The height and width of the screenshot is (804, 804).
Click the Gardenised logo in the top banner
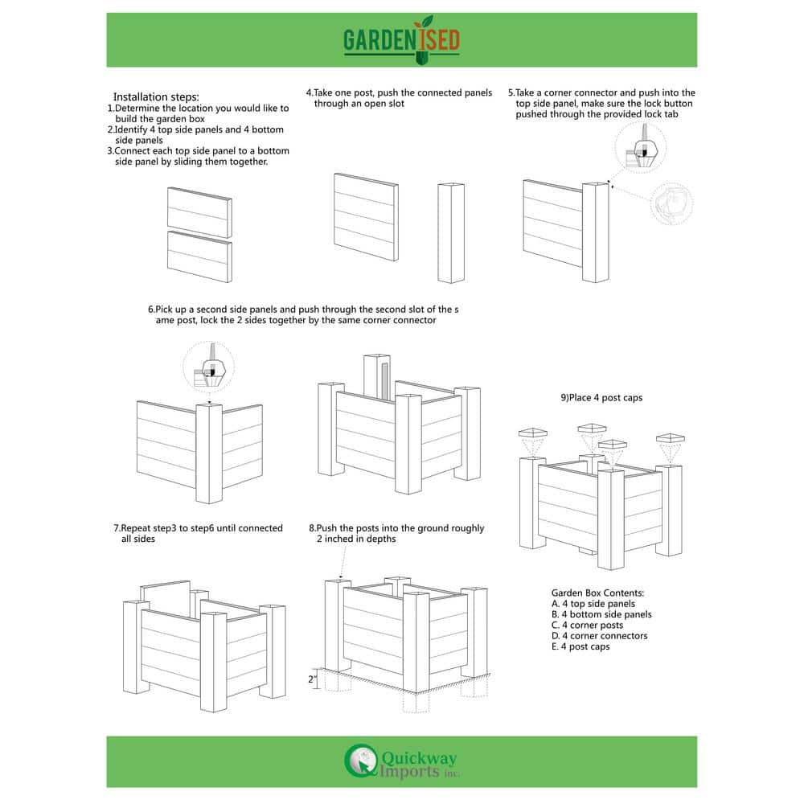[x=402, y=39]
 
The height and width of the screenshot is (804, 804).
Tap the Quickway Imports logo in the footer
[x=402, y=761]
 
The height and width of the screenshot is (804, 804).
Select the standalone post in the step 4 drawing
[x=451, y=232]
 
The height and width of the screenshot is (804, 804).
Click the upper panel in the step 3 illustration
[x=199, y=212]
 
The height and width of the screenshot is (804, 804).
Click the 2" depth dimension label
[x=314, y=679]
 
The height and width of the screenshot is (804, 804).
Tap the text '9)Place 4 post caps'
[x=601, y=398]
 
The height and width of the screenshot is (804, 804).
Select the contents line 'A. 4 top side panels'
[x=593, y=604]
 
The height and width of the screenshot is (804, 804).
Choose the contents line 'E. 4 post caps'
[x=580, y=646]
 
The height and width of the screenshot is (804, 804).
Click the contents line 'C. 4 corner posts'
[x=587, y=625]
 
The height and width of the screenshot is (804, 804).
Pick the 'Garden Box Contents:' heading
[x=597, y=593]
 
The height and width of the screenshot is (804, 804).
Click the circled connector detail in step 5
[x=642, y=148]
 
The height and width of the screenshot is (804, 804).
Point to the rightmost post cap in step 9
[x=670, y=439]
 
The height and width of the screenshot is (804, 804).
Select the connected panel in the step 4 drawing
[x=366, y=216]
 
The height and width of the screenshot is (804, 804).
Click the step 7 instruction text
[x=198, y=533]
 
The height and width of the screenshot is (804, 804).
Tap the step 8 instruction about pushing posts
[x=396, y=533]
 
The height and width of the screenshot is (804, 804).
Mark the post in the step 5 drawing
[x=596, y=232]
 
